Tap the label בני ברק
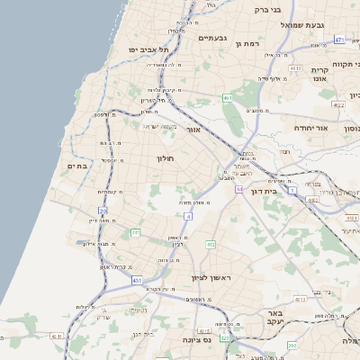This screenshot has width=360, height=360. [x=268, y=10]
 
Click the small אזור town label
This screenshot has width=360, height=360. [x=193, y=130]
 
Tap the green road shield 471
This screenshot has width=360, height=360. [x=338, y=40]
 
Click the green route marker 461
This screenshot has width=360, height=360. [x=228, y=97]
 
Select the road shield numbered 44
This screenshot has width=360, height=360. [x=239, y=189]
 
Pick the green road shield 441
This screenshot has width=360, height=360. [x=135, y=233]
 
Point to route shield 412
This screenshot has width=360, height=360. [x=210, y=244]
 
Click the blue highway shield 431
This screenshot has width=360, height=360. [x=137, y=282]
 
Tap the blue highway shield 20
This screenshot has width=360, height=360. [x=103, y=211]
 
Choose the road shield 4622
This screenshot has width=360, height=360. [x=338, y=104]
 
